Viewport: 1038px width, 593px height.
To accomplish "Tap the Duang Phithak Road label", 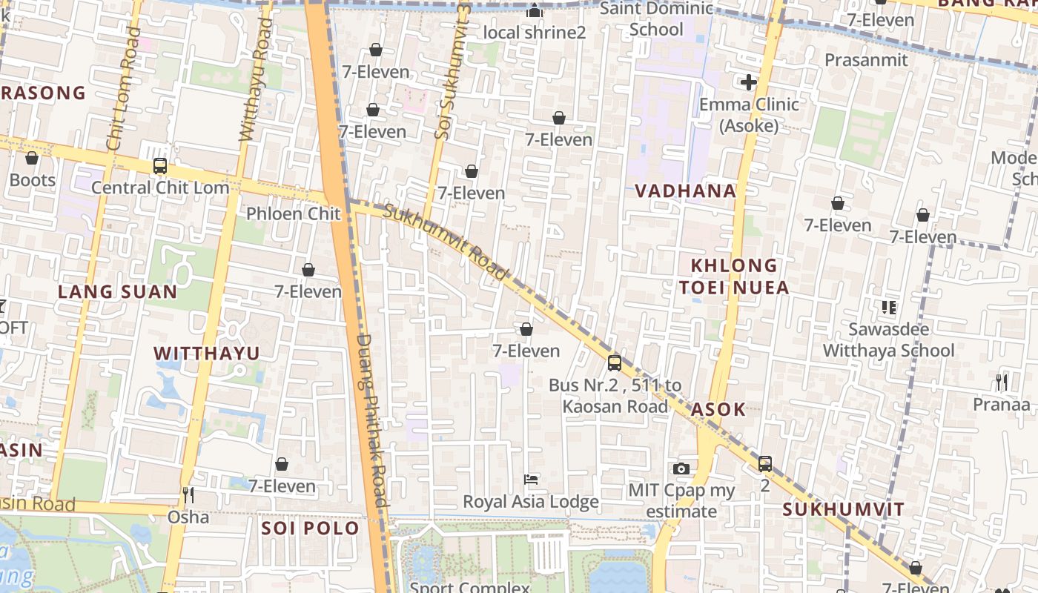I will coord(372,420).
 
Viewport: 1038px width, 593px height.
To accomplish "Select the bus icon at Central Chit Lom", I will coord(159,166).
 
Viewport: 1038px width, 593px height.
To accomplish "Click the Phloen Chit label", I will coord(293,214).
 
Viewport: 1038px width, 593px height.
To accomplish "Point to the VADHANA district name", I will coord(685,191).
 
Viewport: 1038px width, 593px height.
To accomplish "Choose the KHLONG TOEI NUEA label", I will coord(734,276).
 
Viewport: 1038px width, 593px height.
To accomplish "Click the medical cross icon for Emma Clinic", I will coord(749,82).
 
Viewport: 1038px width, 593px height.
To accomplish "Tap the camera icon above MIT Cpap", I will coord(681,468).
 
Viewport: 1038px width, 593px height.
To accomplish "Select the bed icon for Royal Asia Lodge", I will coord(531,480).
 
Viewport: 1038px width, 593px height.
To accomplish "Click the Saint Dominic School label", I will coord(656,19).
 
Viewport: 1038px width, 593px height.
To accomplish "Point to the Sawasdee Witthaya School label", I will coord(889,339).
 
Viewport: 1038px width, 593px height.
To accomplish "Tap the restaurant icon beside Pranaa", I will coord(1002,382).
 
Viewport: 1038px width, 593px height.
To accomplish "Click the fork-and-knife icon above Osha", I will coord(188,494).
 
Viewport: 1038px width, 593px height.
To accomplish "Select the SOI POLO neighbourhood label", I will coord(310,529).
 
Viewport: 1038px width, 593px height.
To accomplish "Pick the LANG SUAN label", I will coord(118,292).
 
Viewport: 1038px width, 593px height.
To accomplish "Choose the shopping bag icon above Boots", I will coord(32,159).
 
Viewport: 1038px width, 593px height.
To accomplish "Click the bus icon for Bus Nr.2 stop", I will coord(614,363).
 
